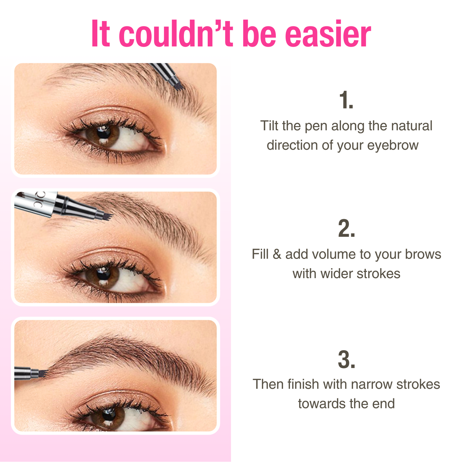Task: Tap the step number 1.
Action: (x=346, y=100)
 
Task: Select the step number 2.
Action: (x=346, y=229)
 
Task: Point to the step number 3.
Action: (x=346, y=360)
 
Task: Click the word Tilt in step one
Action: (x=269, y=126)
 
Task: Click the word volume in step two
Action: (x=333, y=254)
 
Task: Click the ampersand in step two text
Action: (x=277, y=254)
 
